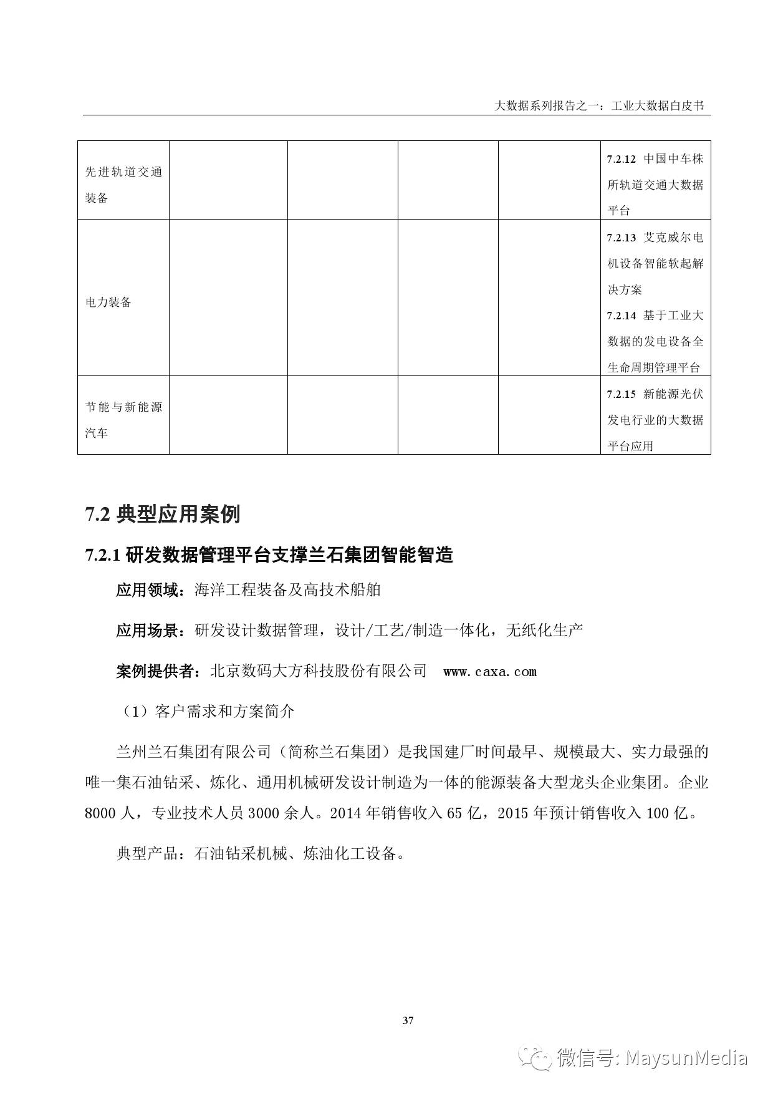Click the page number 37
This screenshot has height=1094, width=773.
[x=408, y=1021]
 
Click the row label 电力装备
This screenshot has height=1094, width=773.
[x=108, y=303]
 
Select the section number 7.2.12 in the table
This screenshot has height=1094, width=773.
[x=621, y=159]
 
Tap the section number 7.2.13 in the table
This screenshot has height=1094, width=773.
[x=621, y=238]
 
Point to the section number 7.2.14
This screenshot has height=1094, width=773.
[x=621, y=316]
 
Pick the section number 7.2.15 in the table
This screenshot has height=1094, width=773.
[x=621, y=394]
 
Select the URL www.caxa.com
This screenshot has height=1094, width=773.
[x=489, y=672]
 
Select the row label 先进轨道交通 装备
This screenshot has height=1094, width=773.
[x=123, y=185]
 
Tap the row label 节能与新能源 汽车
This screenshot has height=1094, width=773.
[x=123, y=420]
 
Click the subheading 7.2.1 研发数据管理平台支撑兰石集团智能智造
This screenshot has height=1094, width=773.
[x=269, y=554]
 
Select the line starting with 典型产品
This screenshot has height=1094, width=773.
[x=261, y=854]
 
